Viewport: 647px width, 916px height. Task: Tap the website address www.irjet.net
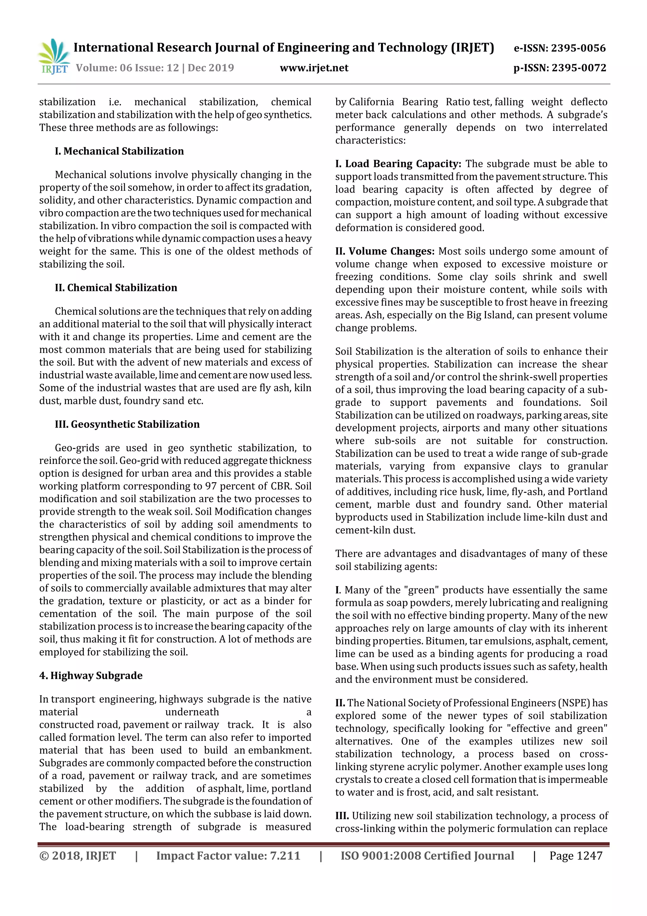coord(314,68)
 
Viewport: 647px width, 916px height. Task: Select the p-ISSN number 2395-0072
coord(579,68)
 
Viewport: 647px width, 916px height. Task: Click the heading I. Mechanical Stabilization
coord(119,151)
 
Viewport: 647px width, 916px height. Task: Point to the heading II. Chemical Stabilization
coord(116,288)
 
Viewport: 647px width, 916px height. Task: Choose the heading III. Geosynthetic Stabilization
coord(127,424)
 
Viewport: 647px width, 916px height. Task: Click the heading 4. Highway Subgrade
coord(91,675)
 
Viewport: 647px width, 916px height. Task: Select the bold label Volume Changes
coord(391,251)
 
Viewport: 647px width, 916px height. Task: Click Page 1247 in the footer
coord(576,856)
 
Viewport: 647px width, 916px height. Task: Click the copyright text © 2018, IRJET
coord(78,856)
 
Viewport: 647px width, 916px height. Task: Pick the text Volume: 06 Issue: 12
coord(127,68)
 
